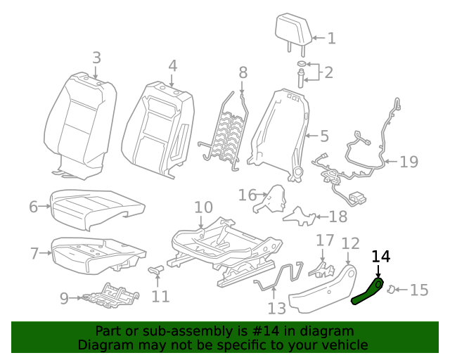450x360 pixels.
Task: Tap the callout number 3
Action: pyautogui.click(x=96, y=58)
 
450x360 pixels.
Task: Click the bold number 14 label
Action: pyautogui.click(x=380, y=257)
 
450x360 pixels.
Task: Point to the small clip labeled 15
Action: pyautogui.click(x=395, y=288)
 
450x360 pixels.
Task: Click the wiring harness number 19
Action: pyautogui.click(x=409, y=162)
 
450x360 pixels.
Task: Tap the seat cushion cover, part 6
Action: pyautogui.click(x=98, y=209)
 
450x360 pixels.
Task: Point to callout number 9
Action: pyautogui.click(x=64, y=299)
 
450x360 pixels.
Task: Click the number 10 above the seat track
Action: pyautogui.click(x=203, y=207)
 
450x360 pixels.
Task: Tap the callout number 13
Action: pyautogui.click(x=276, y=308)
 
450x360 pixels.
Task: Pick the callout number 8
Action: pyautogui.click(x=243, y=72)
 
